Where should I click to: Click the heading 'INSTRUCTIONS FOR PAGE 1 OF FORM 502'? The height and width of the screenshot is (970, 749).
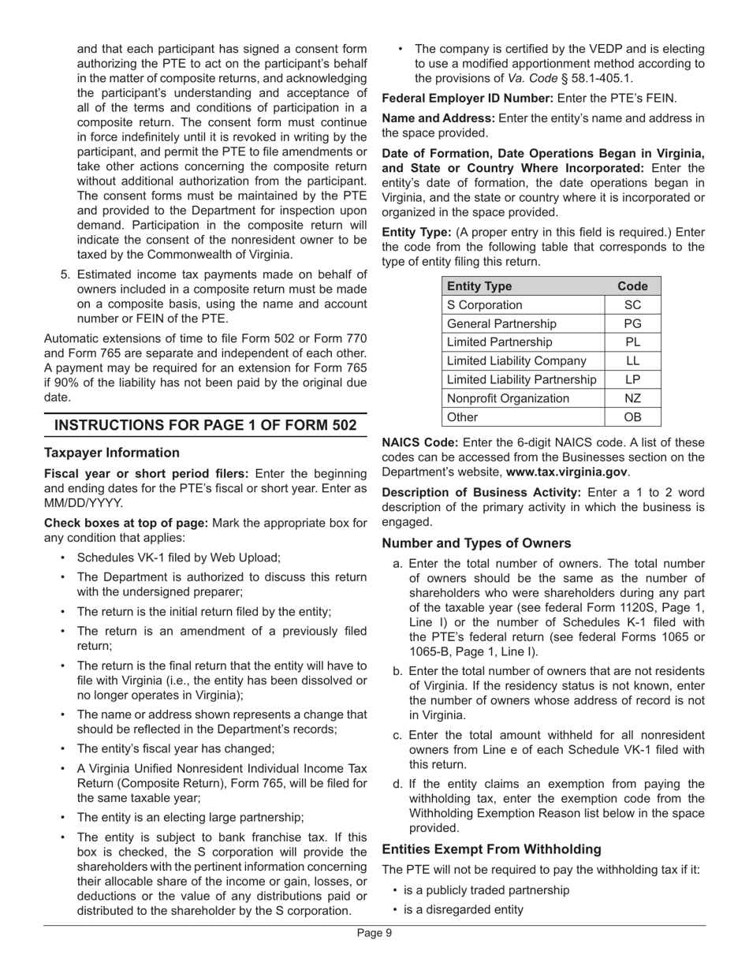[205, 425]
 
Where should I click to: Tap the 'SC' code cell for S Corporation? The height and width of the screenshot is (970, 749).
[632, 305]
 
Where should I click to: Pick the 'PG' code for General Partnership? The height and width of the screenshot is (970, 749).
[632, 323]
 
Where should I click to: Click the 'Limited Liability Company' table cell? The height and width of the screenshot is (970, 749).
[516, 360]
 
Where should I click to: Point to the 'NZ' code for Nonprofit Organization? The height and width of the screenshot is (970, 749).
[632, 398]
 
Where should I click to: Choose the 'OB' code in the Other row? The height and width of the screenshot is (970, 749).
[632, 417]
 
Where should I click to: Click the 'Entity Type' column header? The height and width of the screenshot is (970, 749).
[479, 286]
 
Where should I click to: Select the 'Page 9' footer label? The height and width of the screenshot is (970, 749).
[374, 933]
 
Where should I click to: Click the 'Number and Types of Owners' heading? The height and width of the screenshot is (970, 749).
[476, 543]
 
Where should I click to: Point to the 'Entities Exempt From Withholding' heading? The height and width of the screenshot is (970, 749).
[491, 849]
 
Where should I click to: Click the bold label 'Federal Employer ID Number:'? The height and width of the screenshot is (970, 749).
[468, 99]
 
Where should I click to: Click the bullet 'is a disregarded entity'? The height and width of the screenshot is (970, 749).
[463, 909]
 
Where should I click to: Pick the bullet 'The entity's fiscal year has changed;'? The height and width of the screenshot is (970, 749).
[175, 748]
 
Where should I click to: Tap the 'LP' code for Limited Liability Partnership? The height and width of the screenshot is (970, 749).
[632, 379]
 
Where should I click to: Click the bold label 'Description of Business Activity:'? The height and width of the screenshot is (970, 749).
[482, 492]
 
